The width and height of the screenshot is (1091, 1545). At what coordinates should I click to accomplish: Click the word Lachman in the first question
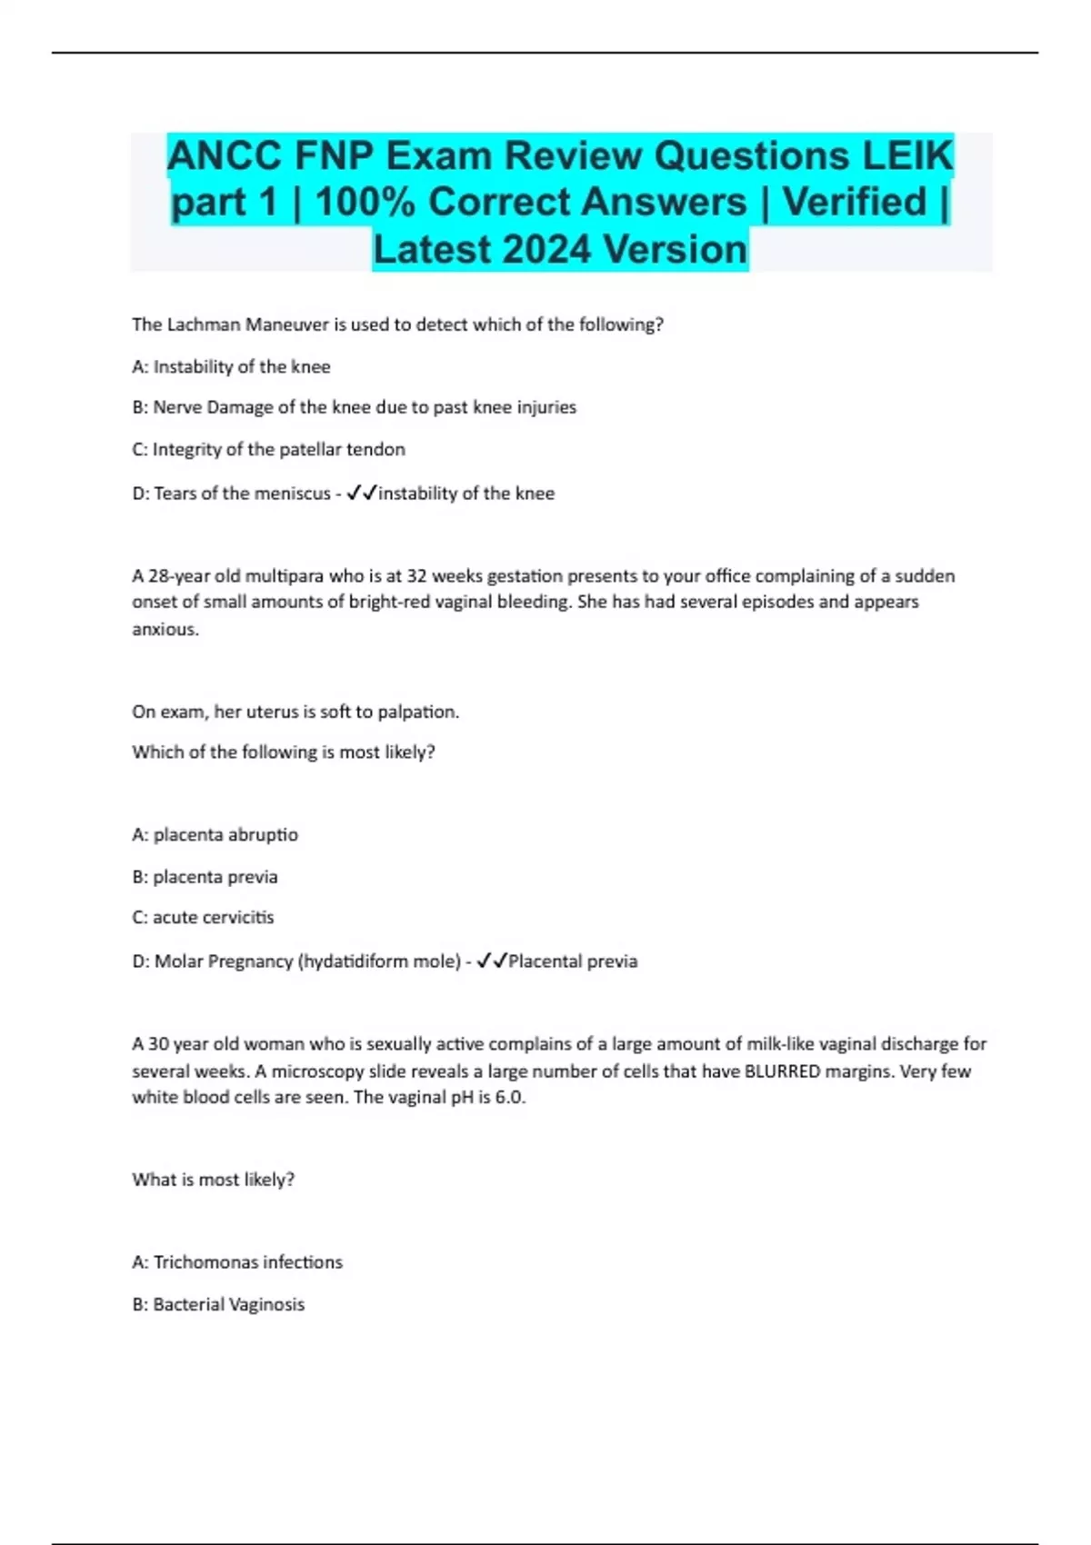[204, 324]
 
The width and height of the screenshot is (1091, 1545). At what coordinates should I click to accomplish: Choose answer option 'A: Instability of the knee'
[231, 367]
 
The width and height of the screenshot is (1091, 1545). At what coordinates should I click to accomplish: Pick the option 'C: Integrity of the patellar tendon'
[268, 449]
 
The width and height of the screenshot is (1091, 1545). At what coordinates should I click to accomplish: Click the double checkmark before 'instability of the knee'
[362, 493]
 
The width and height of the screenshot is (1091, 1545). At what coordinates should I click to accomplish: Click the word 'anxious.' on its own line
[165, 629]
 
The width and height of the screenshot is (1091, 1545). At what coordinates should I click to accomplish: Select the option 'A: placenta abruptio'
[215, 834]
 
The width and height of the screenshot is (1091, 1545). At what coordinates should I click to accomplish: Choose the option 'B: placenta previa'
[205, 877]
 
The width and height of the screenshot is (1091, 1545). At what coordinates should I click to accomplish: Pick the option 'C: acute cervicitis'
[203, 917]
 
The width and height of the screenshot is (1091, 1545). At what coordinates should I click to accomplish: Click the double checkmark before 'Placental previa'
[492, 962]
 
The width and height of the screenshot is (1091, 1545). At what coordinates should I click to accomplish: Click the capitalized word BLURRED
[782, 1071]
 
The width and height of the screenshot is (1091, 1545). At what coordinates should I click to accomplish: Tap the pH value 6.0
[511, 1097]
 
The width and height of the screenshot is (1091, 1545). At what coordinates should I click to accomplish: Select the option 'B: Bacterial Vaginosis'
[218, 1304]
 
